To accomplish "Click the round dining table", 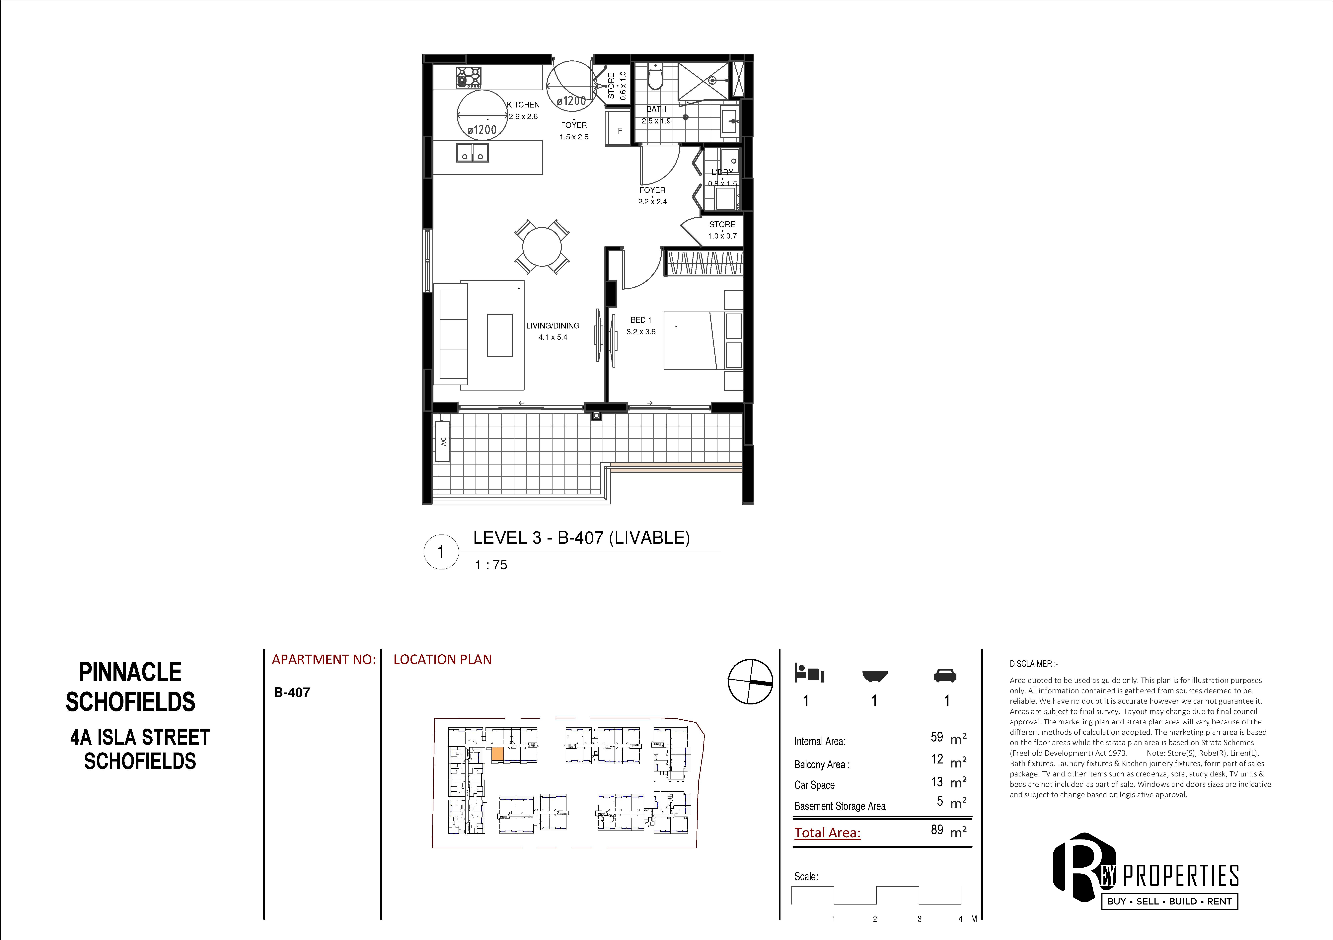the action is pyautogui.click(x=542, y=247).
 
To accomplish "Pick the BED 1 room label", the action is pyautogui.click(x=641, y=320).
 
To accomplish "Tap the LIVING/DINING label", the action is pyautogui.click(x=553, y=326).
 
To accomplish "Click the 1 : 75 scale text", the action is pyautogui.click(x=491, y=565).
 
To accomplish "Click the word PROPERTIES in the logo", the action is pyautogui.click(x=1181, y=876).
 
